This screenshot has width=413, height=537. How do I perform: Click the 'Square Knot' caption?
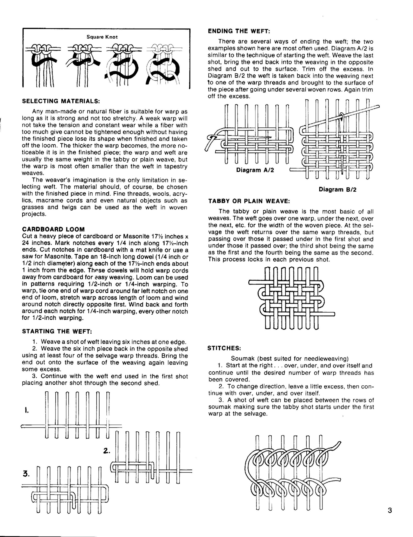pyautogui.click(x=102, y=37)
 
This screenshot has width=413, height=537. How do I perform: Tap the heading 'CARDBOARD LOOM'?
pyautogui.click(x=53, y=230)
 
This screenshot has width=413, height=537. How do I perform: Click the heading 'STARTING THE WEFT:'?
pyautogui.click(x=57, y=331)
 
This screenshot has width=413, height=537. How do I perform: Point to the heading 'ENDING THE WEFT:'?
pyautogui.click(x=239, y=31)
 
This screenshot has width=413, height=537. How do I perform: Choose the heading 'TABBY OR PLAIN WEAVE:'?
pyautogui.click(x=249, y=201)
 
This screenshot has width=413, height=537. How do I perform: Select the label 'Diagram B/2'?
pyautogui.click(x=337, y=189)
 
